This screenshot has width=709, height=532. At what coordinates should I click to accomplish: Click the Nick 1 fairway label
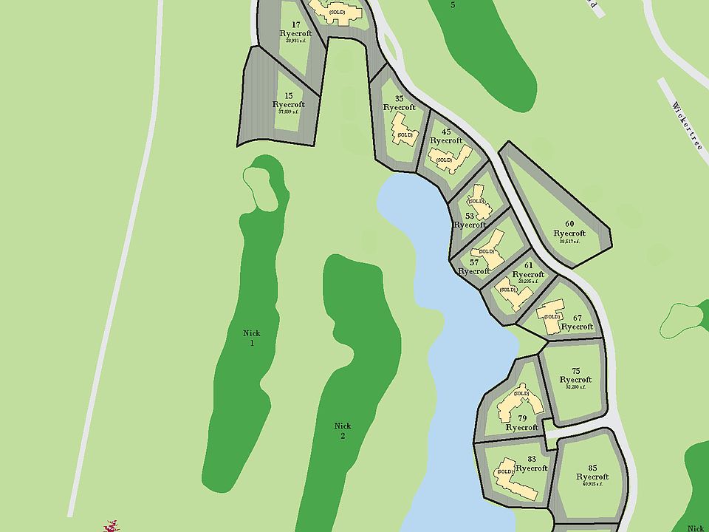pyautogui.click(x=252, y=338)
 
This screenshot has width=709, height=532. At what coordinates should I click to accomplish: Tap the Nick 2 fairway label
pyautogui.click(x=342, y=431)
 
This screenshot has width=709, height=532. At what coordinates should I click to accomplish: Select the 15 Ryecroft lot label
pyautogui.click(x=288, y=100)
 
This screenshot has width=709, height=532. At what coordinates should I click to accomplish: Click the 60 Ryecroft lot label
pyautogui.click(x=569, y=229)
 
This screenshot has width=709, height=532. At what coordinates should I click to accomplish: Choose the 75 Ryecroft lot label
pyautogui.click(x=576, y=375)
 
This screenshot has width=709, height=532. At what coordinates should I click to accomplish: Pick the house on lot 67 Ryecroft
pyautogui.click(x=551, y=316)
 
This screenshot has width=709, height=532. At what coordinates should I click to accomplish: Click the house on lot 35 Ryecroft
pyautogui.click(x=403, y=130)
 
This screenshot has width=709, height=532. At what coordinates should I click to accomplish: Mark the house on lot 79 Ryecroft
pyautogui.click(x=521, y=403)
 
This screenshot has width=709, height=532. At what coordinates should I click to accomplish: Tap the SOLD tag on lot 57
pyautogui.click(x=486, y=251)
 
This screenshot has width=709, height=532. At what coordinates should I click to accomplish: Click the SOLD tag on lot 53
pyautogui.click(x=476, y=201)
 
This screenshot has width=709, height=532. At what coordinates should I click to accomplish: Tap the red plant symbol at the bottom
pyautogui.click(x=111, y=526)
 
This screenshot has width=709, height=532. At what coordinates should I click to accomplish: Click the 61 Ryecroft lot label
pyautogui.click(x=528, y=270)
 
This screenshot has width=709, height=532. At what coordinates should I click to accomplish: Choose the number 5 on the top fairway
pyautogui.click(x=453, y=4)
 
